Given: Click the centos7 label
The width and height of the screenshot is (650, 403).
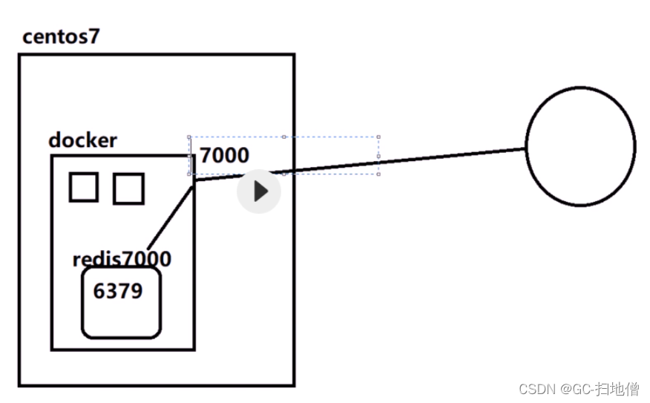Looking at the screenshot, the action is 61,36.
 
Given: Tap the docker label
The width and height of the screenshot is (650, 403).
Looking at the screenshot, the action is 82,140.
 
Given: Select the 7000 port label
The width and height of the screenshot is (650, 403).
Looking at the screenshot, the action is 225,156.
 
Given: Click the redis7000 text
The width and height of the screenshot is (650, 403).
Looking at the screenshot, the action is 122,259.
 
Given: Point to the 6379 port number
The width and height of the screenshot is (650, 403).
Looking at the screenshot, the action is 117,291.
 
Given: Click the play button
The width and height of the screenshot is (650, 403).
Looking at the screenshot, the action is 259,191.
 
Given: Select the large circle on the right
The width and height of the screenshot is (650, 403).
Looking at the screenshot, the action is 581,146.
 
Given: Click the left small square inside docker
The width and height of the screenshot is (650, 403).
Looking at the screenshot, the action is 84,187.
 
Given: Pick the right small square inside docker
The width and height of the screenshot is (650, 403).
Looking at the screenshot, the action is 128,188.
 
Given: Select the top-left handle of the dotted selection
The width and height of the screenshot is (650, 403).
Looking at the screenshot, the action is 189,137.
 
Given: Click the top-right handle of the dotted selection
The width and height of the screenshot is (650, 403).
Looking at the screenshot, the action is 379,137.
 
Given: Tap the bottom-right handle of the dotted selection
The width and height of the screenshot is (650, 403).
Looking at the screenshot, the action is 379,174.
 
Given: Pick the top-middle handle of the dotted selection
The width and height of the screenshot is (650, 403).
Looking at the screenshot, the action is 284,137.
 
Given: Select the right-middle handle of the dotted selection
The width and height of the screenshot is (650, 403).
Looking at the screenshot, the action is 379,156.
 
